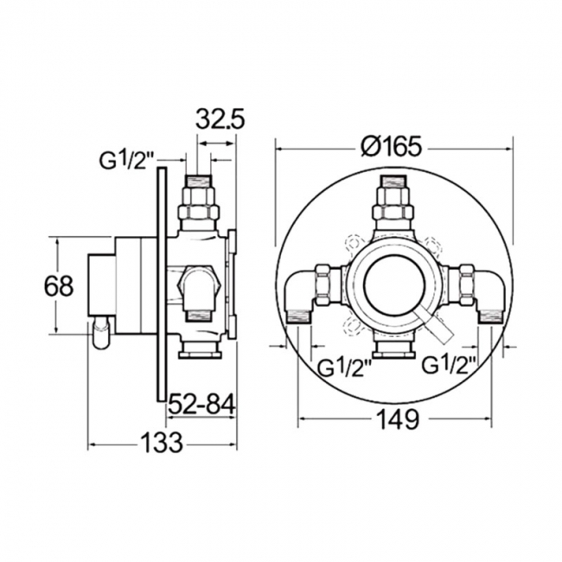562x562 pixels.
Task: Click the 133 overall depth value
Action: (162, 444)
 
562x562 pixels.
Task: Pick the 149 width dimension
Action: (399, 420)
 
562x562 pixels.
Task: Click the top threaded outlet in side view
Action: (201, 199)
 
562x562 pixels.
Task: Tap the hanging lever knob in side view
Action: (102, 333)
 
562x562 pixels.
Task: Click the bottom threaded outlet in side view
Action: (200, 349)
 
